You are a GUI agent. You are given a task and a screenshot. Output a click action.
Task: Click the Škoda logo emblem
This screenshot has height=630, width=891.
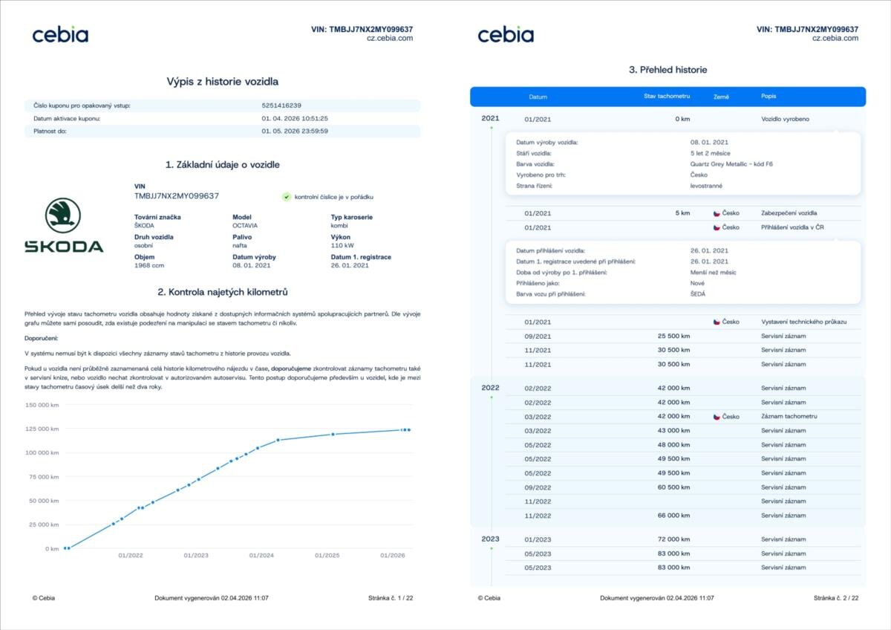click(64, 215)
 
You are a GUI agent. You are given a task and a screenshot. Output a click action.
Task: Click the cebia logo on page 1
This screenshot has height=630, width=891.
click(60, 34)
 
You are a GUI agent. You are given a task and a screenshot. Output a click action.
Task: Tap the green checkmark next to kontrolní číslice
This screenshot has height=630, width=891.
click(286, 197)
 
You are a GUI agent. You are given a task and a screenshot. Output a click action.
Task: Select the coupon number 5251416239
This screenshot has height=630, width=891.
click(281, 105)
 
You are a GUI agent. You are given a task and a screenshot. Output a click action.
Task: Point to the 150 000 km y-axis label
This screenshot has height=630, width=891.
click(42, 405)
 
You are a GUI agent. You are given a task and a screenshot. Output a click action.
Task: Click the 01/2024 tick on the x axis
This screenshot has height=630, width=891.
click(261, 556)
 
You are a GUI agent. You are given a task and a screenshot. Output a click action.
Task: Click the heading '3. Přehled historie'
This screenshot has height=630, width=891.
click(668, 70)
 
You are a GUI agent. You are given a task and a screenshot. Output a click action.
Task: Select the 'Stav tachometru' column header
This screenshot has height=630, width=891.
click(667, 97)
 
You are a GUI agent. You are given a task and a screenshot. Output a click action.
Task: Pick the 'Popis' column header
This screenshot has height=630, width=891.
click(768, 97)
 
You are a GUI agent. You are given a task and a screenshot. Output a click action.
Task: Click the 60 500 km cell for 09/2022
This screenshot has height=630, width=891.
click(673, 487)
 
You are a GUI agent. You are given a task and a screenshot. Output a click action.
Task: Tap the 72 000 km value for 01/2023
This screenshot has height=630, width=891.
click(673, 539)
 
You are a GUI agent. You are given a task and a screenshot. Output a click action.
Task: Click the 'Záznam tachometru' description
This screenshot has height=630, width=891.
click(789, 417)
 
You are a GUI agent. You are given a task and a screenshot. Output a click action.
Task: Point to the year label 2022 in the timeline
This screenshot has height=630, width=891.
click(490, 388)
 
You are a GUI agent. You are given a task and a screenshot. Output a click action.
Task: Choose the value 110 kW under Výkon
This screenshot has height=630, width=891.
click(343, 244)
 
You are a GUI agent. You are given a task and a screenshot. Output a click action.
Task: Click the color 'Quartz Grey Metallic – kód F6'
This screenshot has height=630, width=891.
click(731, 164)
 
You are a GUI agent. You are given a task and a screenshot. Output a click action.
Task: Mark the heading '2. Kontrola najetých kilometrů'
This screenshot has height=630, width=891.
click(223, 292)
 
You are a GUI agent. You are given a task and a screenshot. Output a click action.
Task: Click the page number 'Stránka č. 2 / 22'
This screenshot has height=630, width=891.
click(836, 598)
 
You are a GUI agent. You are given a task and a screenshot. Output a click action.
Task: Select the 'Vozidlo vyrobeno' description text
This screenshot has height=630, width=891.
click(786, 119)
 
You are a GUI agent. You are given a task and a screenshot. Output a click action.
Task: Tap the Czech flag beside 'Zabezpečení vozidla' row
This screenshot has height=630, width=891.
click(717, 213)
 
